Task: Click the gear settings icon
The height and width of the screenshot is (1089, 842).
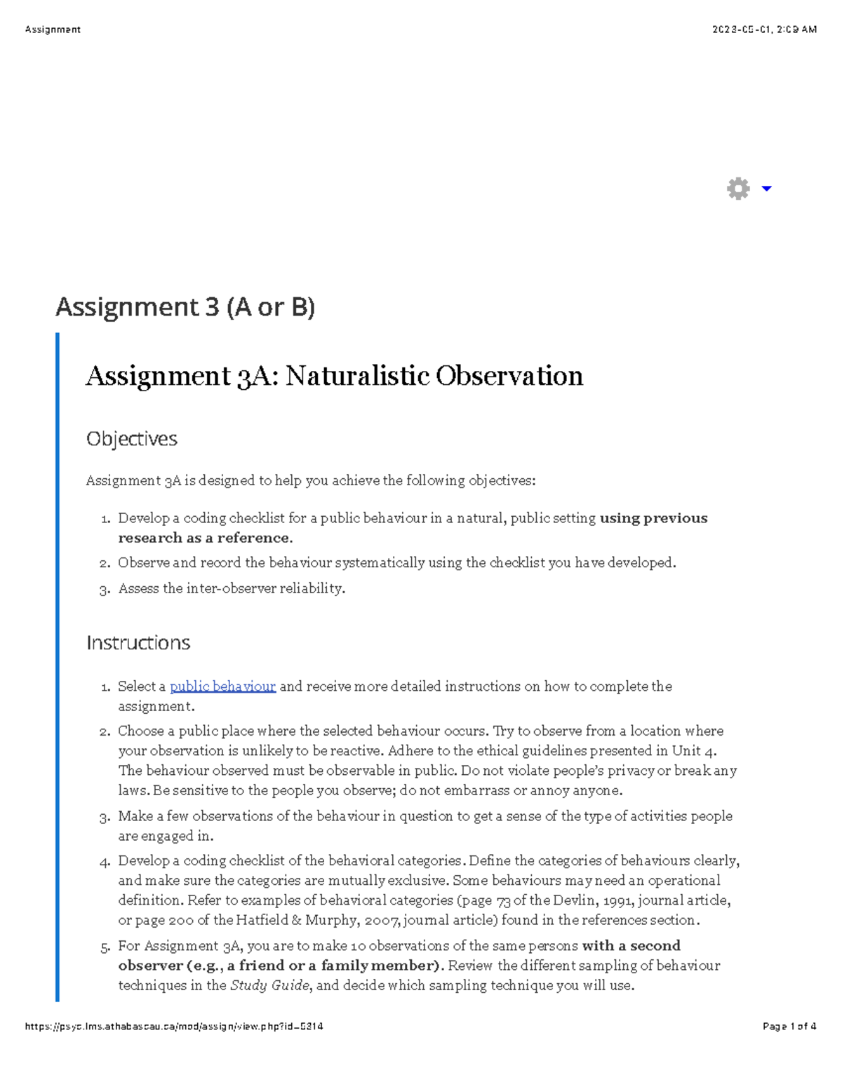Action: click(x=738, y=189)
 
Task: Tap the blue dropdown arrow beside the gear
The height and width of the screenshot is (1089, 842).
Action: click(x=767, y=189)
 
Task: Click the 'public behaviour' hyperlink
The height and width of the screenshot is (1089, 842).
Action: click(x=222, y=686)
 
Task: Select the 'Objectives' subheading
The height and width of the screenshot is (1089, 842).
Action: click(x=132, y=439)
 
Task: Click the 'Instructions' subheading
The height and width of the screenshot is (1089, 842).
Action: click(x=138, y=643)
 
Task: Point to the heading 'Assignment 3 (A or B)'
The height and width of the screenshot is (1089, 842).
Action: click(x=185, y=307)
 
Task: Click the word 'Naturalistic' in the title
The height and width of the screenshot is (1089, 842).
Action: click(x=357, y=377)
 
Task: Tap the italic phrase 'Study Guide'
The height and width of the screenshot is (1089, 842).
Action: click(x=269, y=986)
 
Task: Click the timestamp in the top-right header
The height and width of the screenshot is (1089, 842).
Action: click(x=764, y=29)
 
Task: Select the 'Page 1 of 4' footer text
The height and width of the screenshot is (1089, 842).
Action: click(x=789, y=1027)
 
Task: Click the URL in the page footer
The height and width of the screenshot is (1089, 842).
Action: click(x=174, y=1027)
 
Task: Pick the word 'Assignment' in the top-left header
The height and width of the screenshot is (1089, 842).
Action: click(x=53, y=29)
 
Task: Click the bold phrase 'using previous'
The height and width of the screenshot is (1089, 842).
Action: click(x=653, y=519)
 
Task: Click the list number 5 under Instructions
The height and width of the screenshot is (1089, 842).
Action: click(x=105, y=947)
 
